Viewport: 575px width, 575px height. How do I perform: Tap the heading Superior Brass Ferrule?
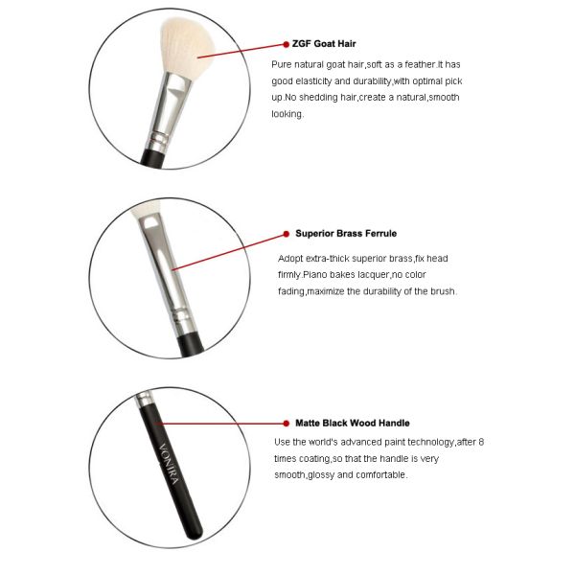click(x=346, y=233)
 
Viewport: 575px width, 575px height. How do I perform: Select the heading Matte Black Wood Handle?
click(x=352, y=423)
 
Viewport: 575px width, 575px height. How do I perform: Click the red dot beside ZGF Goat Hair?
click(x=286, y=43)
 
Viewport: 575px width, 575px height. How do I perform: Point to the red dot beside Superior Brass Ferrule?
click(x=286, y=233)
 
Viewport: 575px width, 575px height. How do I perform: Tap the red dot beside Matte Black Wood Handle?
click(x=286, y=423)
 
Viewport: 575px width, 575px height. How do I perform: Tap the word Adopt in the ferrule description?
click(x=290, y=259)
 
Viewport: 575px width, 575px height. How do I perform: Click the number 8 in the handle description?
click(x=480, y=442)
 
